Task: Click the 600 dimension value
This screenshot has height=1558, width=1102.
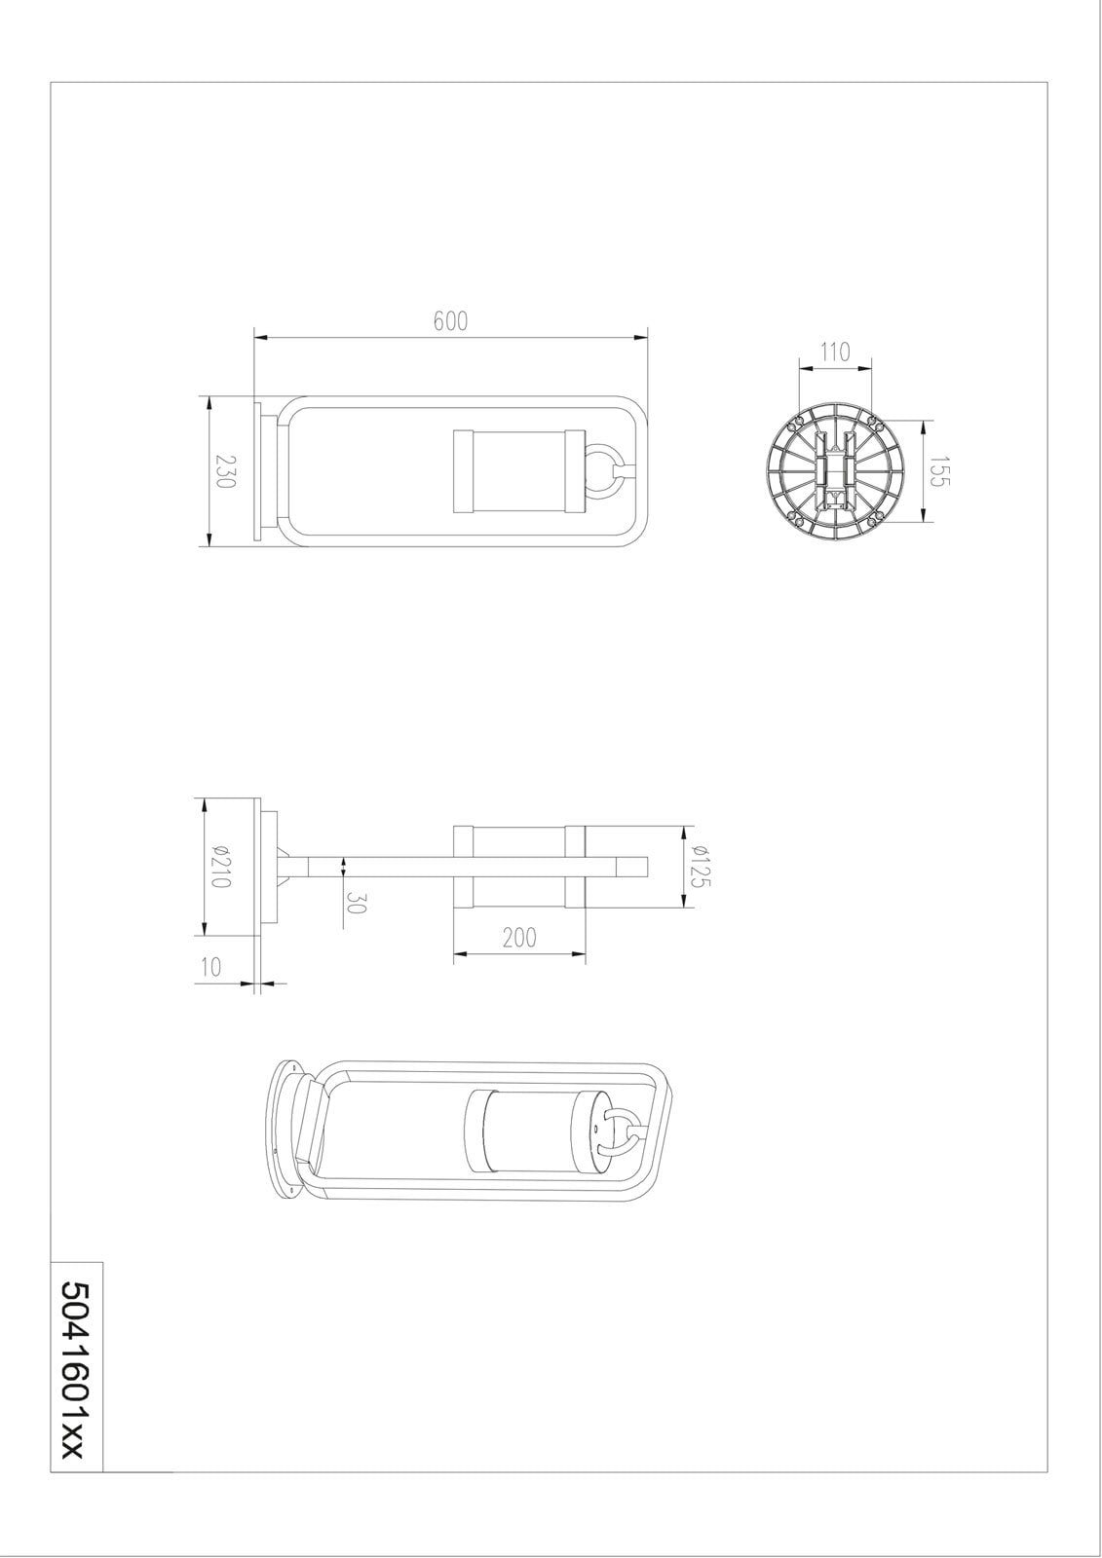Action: (x=450, y=320)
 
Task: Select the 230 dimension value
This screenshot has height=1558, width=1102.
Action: (x=224, y=471)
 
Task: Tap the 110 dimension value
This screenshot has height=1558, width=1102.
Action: (x=835, y=352)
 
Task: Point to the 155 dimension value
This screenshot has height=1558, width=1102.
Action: (x=941, y=471)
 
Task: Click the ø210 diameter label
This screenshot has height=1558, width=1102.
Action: (x=219, y=866)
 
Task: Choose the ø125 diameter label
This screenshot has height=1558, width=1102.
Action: (x=701, y=866)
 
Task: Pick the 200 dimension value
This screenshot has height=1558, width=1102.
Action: (x=519, y=939)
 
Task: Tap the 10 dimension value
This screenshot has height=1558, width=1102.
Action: (x=209, y=967)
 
